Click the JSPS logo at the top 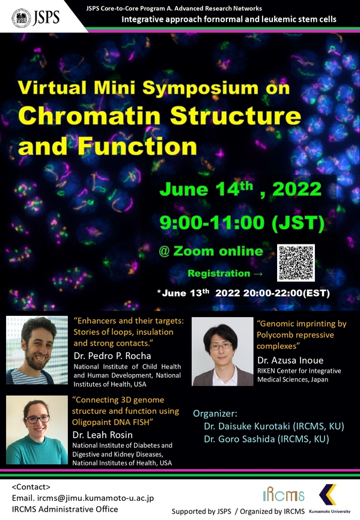click(36, 17)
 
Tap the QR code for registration click(296, 262)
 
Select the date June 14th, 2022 click(240, 189)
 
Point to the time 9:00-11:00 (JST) click(242, 222)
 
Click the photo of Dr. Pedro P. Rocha click(37, 350)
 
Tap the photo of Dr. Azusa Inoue click(222, 351)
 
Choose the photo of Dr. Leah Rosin click(37, 430)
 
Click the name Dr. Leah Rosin click(103, 435)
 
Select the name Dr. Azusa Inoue click(290, 360)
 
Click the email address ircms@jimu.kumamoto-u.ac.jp click(96, 498)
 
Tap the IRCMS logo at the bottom click(284, 495)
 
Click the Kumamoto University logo click(329, 499)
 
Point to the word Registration click(219, 273)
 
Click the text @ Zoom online click(211, 251)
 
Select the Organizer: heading click(215, 414)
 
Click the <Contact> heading click(31, 487)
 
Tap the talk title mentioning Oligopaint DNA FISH click(126, 411)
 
